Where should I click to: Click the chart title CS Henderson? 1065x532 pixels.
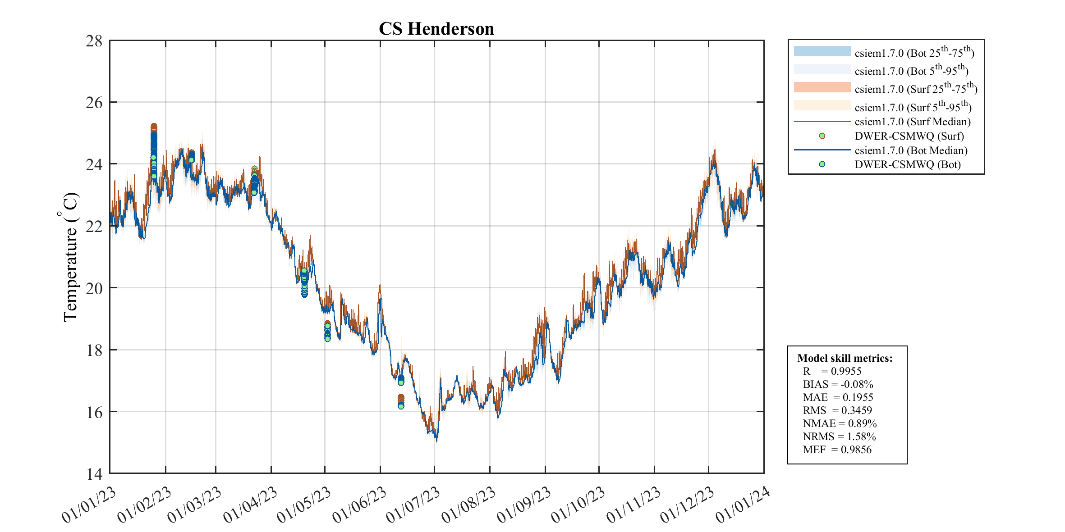(x=436, y=29)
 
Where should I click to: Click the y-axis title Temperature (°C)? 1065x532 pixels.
(x=70, y=257)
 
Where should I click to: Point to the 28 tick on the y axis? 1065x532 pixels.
(x=94, y=41)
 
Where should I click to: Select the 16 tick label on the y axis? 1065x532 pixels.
(x=94, y=412)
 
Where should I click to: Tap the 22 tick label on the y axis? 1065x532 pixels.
(x=94, y=226)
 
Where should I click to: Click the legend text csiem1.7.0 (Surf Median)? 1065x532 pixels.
(x=913, y=122)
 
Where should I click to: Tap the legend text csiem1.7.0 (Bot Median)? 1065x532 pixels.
(x=911, y=150)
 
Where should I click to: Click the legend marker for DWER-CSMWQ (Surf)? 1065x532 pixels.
(x=822, y=136)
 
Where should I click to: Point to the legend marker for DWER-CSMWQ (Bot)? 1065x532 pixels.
(x=822, y=164)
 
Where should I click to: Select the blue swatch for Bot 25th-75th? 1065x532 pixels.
(x=822, y=51)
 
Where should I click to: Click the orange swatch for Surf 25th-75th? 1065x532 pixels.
(x=822, y=87)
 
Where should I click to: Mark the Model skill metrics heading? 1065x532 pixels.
(x=845, y=358)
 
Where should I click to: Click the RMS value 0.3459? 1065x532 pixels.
(x=856, y=410)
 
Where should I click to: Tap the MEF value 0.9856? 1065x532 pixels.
(x=856, y=450)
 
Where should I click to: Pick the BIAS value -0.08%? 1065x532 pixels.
(x=856, y=384)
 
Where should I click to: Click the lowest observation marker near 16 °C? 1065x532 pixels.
(x=401, y=406)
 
